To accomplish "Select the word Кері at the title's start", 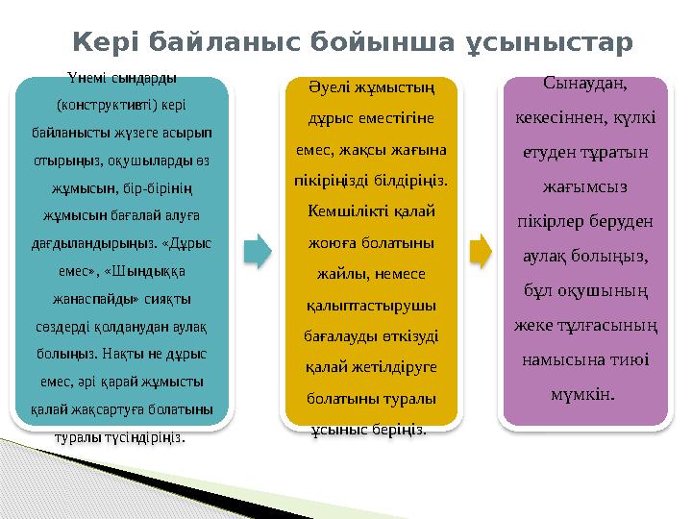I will (108, 43).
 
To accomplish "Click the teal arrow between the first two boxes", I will (258, 251).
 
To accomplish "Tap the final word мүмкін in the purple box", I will (586, 394).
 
